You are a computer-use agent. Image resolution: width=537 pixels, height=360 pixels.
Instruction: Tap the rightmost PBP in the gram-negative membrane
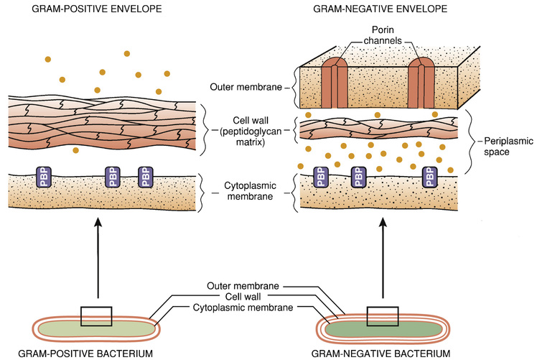point(430,177)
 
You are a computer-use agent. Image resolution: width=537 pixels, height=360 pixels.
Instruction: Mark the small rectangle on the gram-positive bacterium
point(96,316)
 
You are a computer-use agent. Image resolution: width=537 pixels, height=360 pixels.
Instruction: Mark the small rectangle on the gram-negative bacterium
point(382,316)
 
